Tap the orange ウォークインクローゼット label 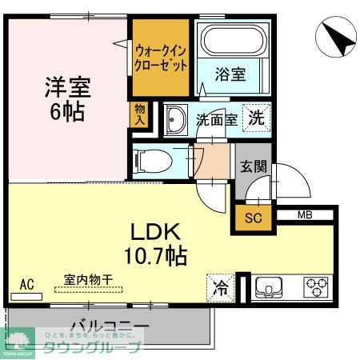click(161, 55)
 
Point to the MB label click(305, 214)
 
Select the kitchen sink click(270, 286)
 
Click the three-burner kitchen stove click(315, 286)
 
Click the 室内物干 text click(89, 279)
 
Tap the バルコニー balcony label click(110, 326)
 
